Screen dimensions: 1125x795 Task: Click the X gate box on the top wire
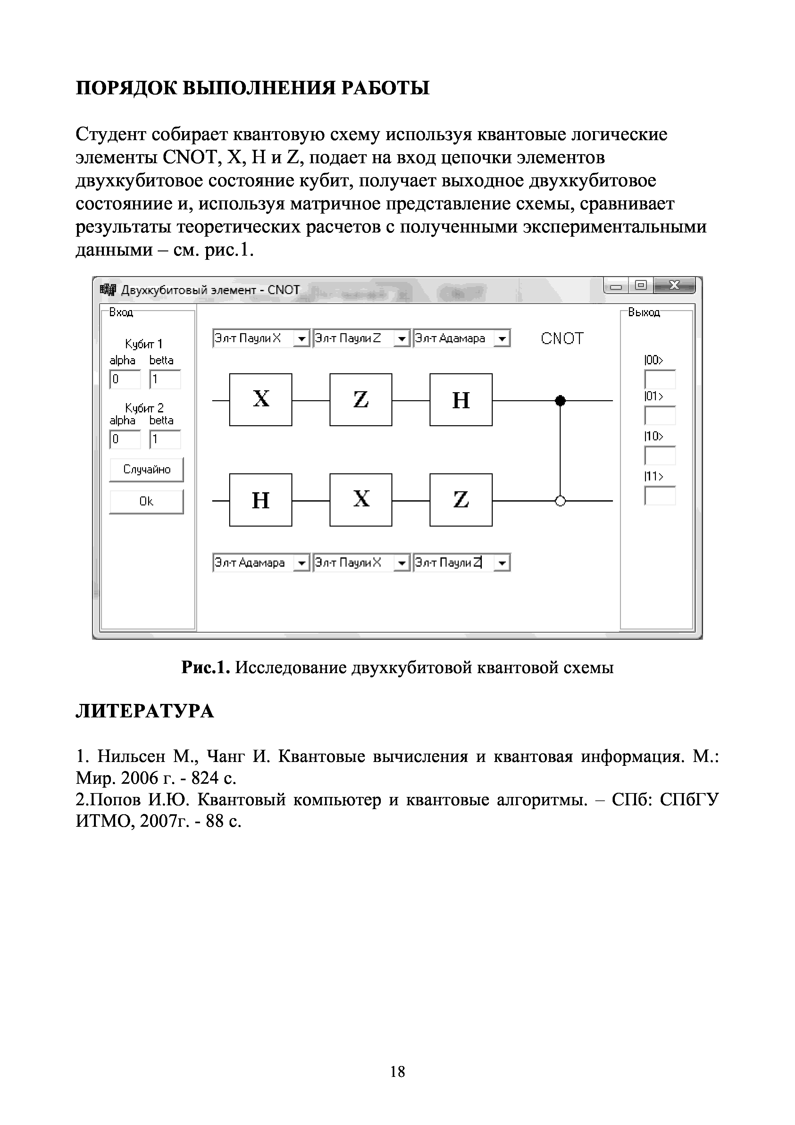point(261,399)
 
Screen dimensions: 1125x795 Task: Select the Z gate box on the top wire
point(361,399)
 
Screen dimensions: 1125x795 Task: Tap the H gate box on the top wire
point(461,399)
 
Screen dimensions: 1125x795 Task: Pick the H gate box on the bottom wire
point(261,500)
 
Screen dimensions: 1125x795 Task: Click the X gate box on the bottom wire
point(361,500)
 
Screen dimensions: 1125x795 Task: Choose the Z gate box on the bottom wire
point(461,500)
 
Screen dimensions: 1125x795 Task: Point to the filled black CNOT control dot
point(560,401)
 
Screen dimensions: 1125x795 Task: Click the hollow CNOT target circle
point(560,501)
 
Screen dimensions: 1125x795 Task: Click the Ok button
point(146,501)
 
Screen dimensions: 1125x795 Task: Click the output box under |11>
point(660,495)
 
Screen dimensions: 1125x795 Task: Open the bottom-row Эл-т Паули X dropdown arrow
point(402,563)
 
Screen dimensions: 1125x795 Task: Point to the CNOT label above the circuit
point(562,339)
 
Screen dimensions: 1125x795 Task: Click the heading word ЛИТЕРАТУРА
point(145,711)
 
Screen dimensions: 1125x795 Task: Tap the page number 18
point(397,1072)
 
